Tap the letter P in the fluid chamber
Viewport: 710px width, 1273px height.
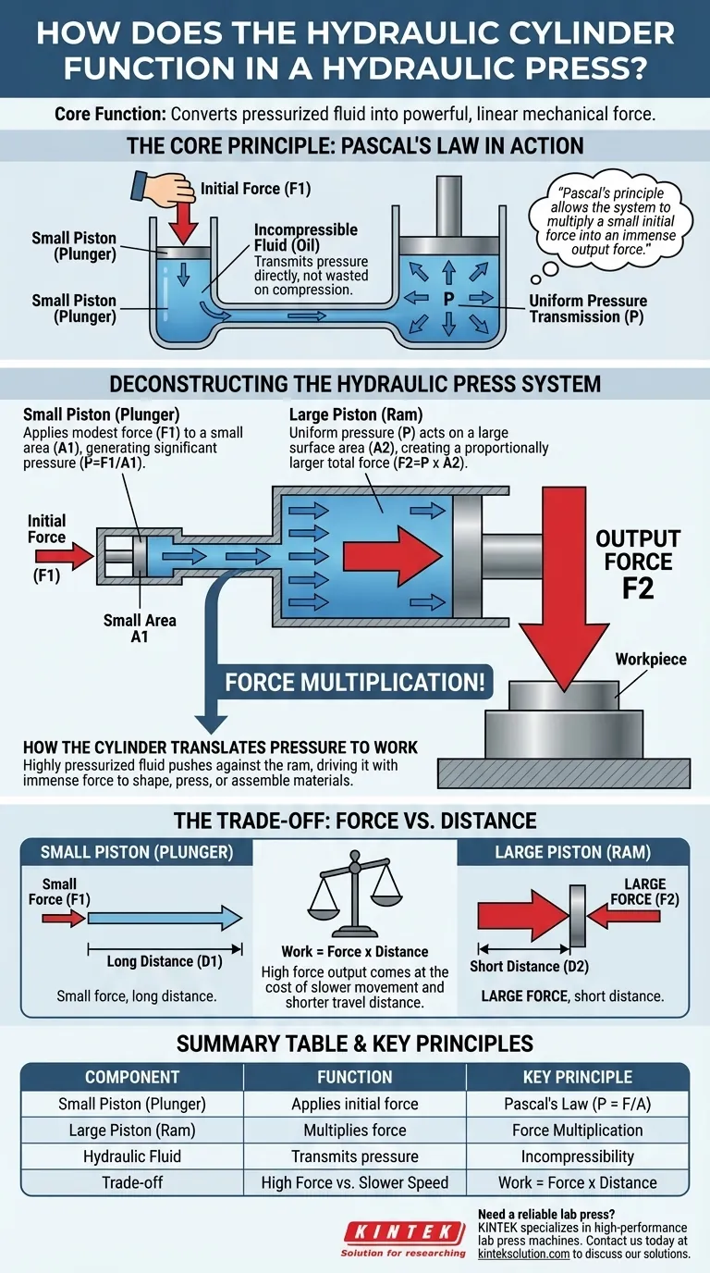(447, 299)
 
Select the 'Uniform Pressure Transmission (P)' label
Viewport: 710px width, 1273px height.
(587, 308)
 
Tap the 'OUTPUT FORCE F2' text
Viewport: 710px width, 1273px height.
(638, 563)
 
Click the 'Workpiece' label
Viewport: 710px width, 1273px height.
(651, 659)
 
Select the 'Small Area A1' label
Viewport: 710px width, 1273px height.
(141, 629)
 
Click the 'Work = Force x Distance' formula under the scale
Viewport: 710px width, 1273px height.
(355, 951)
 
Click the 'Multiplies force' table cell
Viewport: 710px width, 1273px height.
(355, 1130)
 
